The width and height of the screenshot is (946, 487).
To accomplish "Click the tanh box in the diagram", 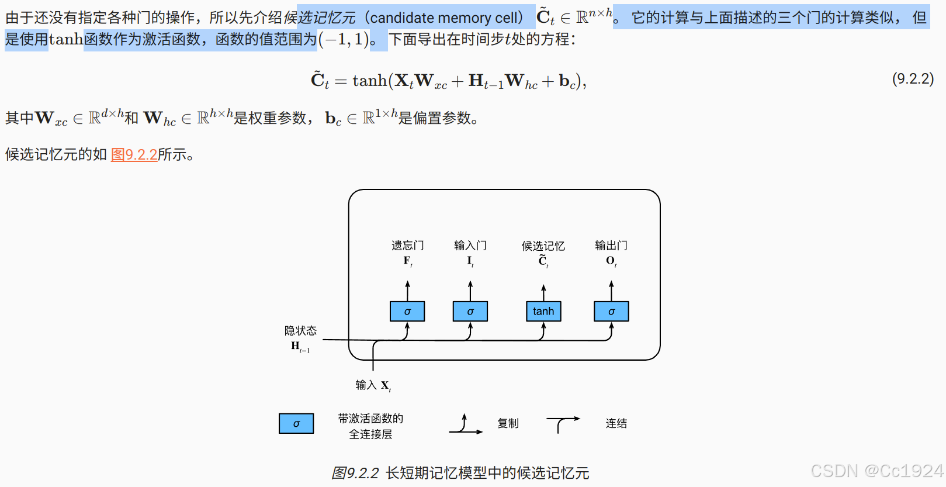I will pyautogui.click(x=543, y=312).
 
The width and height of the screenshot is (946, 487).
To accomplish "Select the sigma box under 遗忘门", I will pyautogui.click(x=407, y=312).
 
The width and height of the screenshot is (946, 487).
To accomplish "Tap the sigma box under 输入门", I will pyautogui.click(x=470, y=312).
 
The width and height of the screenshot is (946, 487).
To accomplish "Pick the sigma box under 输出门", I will pyautogui.click(x=611, y=312).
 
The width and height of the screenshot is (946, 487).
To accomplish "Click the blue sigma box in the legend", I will pyautogui.click(x=296, y=423).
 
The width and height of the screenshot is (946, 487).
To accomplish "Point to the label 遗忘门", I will pyautogui.click(x=407, y=246).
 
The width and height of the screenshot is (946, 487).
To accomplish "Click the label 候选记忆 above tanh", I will pyautogui.click(x=543, y=246).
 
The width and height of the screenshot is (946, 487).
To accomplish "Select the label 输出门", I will pyautogui.click(x=611, y=246).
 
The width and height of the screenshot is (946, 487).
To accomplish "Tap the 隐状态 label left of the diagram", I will pyautogui.click(x=300, y=331).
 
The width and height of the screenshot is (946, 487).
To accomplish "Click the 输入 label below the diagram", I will pyautogui.click(x=366, y=385).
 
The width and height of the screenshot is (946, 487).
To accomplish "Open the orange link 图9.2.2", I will pyautogui.click(x=134, y=155).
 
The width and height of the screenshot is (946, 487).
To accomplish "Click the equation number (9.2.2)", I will pyautogui.click(x=913, y=79).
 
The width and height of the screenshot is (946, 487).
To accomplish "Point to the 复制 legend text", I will pyautogui.click(x=508, y=423).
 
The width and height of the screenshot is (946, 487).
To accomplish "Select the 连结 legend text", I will pyautogui.click(x=616, y=423).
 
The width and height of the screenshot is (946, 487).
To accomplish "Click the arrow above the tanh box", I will pyautogui.click(x=543, y=292).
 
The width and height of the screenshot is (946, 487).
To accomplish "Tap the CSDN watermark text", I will pyautogui.click(x=876, y=471).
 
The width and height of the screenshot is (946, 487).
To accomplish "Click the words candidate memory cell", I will pyautogui.click(x=446, y=18).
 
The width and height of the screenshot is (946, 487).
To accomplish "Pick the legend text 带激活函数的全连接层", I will pyautogui.click(x=370, y=426).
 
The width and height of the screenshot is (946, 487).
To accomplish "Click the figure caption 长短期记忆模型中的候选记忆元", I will pyautogui.click(x=487, y=473).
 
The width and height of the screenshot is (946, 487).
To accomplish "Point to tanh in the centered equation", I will pyautogui.click(x=369, y=81).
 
